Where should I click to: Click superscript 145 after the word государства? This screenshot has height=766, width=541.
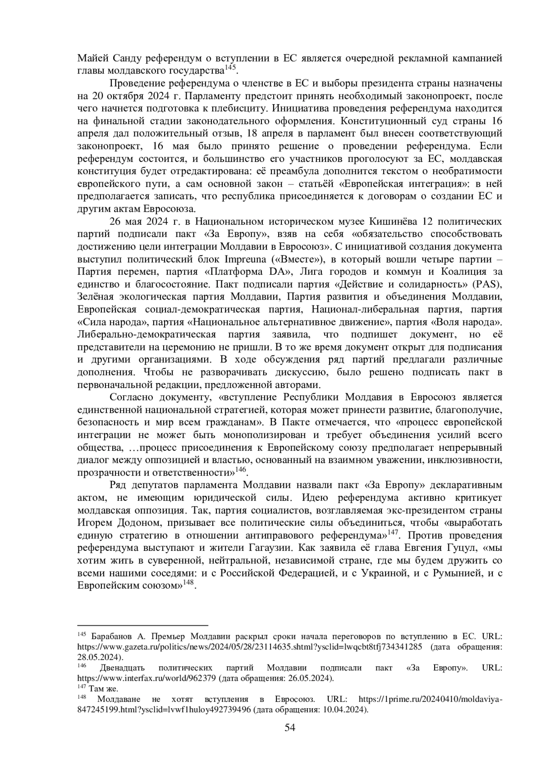point(230,68)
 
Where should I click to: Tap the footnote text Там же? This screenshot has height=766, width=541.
point(103,688)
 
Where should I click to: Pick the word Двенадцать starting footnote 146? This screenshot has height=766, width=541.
point(122,668)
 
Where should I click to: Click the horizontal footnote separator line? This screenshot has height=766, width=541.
point(142,626)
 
